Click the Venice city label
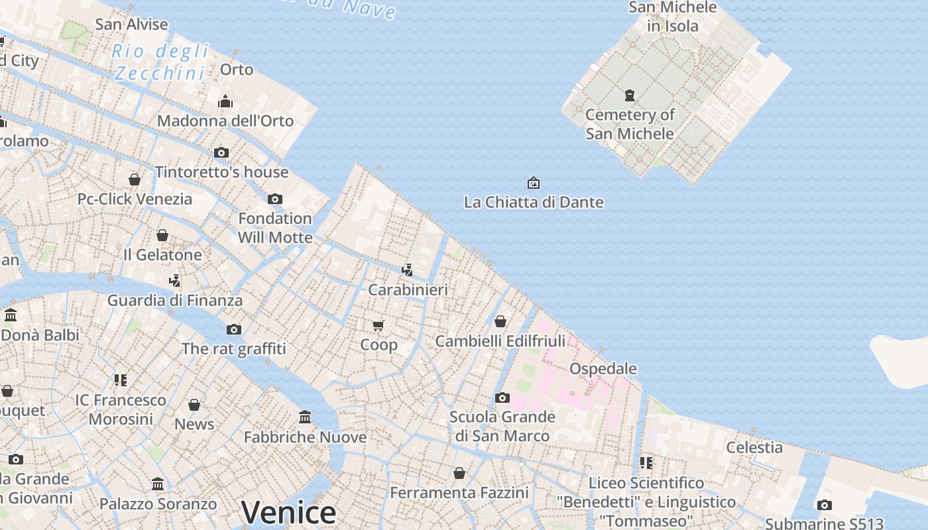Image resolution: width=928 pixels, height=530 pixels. (288, 512)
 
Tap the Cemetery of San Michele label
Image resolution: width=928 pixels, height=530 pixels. (630, 124)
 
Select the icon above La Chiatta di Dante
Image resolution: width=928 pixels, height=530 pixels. (534, 183)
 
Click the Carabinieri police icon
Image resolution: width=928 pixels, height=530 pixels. (408, 270)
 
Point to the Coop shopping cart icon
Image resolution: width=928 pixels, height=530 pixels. (378, 325)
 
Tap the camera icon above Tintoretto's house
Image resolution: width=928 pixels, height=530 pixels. (221, 153)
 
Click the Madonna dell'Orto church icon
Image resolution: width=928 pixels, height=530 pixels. (225, 102)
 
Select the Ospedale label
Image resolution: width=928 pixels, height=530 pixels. (603, 368)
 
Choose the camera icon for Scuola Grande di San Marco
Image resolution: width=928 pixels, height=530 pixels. (502, 398)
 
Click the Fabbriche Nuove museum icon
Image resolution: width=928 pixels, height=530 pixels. (305, 417)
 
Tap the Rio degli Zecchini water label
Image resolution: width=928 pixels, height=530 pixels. (160, 62)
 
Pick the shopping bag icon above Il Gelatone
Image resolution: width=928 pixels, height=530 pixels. (162, 235)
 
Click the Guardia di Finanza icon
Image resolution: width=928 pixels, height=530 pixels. (175, 281)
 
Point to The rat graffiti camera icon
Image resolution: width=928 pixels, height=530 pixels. (233, 329)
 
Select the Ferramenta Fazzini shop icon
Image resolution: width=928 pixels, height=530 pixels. (459, 473)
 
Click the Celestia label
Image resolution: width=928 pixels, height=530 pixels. (754, 447)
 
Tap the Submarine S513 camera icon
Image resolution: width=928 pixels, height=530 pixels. (825, 505)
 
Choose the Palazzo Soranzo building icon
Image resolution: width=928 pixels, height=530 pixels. (158, 484)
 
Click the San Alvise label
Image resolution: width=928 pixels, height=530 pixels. (131, 25)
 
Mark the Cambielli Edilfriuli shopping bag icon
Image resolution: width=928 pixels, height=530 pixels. (500, 321)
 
